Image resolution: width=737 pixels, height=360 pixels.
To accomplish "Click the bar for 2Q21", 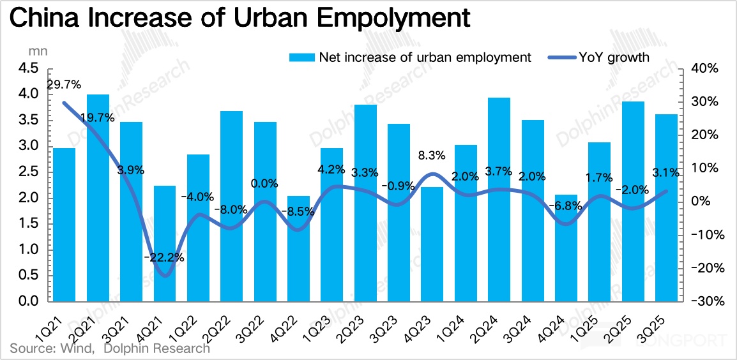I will (98, 198).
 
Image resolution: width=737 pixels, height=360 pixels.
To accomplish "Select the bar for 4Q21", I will (165, 243).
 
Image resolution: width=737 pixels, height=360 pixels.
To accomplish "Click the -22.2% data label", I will (165, 258).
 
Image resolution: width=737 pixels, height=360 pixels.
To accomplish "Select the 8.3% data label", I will (432, 155).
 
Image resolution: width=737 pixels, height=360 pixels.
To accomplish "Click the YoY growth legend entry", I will (613, 57).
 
